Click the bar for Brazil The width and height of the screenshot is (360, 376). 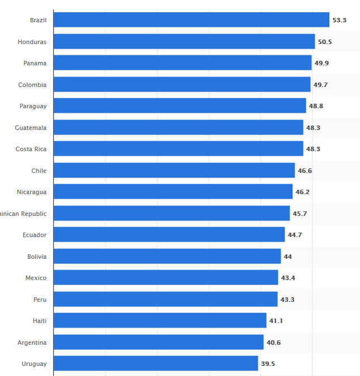(191, 20)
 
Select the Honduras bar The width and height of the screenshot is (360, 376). (184, 42)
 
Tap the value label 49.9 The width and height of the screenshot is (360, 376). (321, 63)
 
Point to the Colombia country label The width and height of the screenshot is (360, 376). (32, 85)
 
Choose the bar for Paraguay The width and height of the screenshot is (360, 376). (180, 106)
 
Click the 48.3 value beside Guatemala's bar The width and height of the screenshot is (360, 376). (313, 128)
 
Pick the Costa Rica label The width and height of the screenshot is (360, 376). (31, 149)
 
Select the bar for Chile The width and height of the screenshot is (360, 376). (174, 171)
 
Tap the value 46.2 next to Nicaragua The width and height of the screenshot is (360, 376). (303, 192)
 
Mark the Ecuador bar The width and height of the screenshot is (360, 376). (169, 235)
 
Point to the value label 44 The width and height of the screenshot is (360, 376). (287, 257)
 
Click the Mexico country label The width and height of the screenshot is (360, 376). (36, 278)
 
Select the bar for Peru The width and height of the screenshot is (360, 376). (165, 300)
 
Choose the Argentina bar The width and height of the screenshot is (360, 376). (159, 343)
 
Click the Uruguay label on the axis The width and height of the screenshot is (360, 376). (34, 364)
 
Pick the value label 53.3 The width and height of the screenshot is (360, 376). (339, 20)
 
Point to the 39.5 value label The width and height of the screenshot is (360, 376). (268, 364)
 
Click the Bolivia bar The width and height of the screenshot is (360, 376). (167, 257)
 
